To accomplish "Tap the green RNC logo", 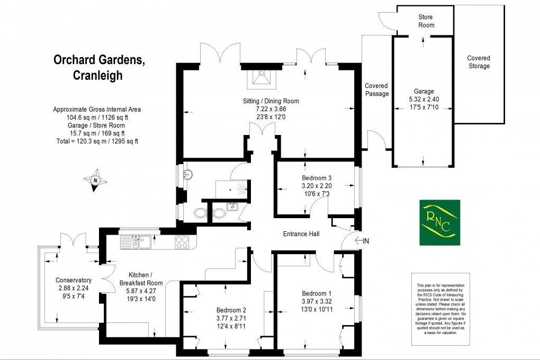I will point(440,222).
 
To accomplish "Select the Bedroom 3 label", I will point(317,178).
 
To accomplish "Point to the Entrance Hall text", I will point(301,233).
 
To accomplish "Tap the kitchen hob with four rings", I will point(183,242).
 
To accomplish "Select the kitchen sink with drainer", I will point(136,242).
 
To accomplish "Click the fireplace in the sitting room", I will point(263,78).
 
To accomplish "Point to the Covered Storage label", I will point(479,62).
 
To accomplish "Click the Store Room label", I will point(426,21).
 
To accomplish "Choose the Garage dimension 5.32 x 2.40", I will point(424,99).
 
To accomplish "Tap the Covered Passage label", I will point(376,89).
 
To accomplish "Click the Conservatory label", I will point(74,281).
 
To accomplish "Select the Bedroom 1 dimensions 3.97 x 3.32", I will point(317,302).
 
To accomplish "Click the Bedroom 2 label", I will point(231,310).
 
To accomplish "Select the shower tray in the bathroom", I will point(232,188).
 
